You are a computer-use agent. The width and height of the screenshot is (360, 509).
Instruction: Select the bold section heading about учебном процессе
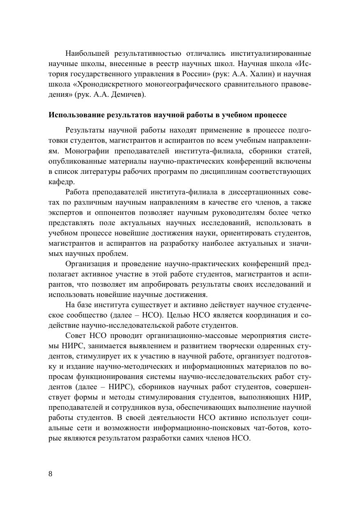(167, 115)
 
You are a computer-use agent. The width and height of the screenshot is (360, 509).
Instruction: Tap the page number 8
(50, 474)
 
